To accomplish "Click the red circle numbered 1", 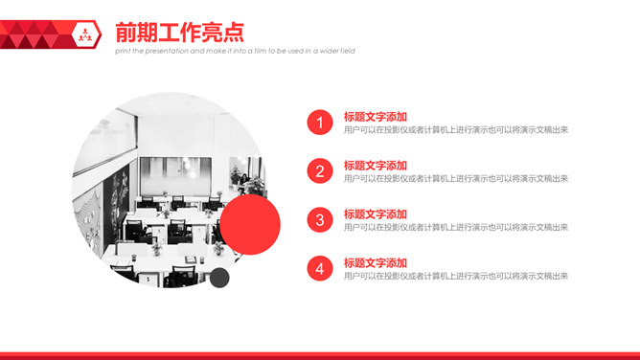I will [x=320, y=123].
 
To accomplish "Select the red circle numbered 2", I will [x=320, y=171].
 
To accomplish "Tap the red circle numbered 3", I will [x=320, y=220].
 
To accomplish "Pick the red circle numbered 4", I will [x=320, y=269].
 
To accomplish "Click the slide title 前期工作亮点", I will [x=178, y=32].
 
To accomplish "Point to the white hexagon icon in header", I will [x=85, y=34].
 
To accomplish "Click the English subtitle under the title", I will [x=235, y=52].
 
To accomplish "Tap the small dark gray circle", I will [x=219, y=278].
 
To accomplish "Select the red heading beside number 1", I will [x=376, y=117].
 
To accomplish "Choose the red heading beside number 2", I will [x=376, y=166].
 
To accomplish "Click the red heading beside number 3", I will [x=376, y=214].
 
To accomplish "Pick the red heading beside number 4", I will [x=376, y=263].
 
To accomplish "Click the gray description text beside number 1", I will [x=456, y=130].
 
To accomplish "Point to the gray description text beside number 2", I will [x=456, y=179].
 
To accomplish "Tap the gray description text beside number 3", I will [x=456, y=228].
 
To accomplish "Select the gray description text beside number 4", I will [x=456, y=277].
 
